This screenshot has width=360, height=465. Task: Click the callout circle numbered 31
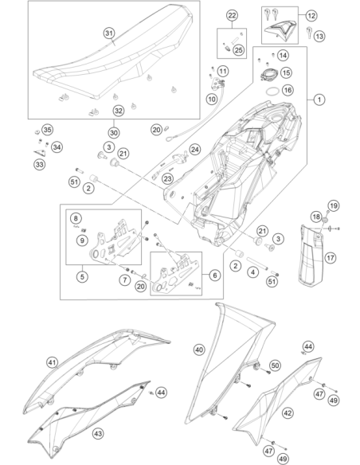[x=109, y=33]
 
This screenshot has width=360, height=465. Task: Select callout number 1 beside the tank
[x=319, y=100]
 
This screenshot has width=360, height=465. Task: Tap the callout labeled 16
[x=288, y=90]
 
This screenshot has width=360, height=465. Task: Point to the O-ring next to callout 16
[x=272, y=92]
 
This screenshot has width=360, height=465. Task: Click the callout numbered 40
[x=199, y=350]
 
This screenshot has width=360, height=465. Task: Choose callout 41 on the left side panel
[x=53, y=362]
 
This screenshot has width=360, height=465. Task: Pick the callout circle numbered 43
[x=98, y=434]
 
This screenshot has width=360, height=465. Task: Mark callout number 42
[x=288, y=412]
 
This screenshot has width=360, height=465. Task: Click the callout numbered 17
[x=331, y=257]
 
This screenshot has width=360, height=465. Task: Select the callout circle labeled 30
[x=114, y=132]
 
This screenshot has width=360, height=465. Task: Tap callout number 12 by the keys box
[x=311, y=15]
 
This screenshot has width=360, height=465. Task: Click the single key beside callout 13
[x=309, y=32]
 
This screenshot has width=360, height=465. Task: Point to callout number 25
[x=239, y=50]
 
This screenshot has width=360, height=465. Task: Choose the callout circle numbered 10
[x=211, y=99]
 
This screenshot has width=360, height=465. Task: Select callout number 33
[x=40, y=164]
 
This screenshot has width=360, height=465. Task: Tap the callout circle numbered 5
[x=82, y=276]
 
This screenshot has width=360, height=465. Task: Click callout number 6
[x=215, y=275]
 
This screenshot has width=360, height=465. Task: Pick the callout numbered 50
[x=275, y=365]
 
